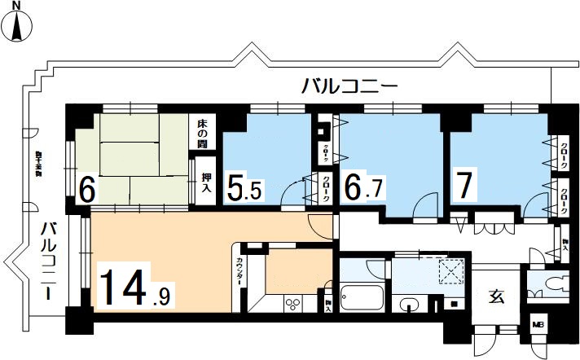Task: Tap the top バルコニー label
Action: pos(348,85)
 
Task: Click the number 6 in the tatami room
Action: pos(86,191)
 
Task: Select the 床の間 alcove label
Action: pos(202,133)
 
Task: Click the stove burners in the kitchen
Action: pos(292,304)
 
